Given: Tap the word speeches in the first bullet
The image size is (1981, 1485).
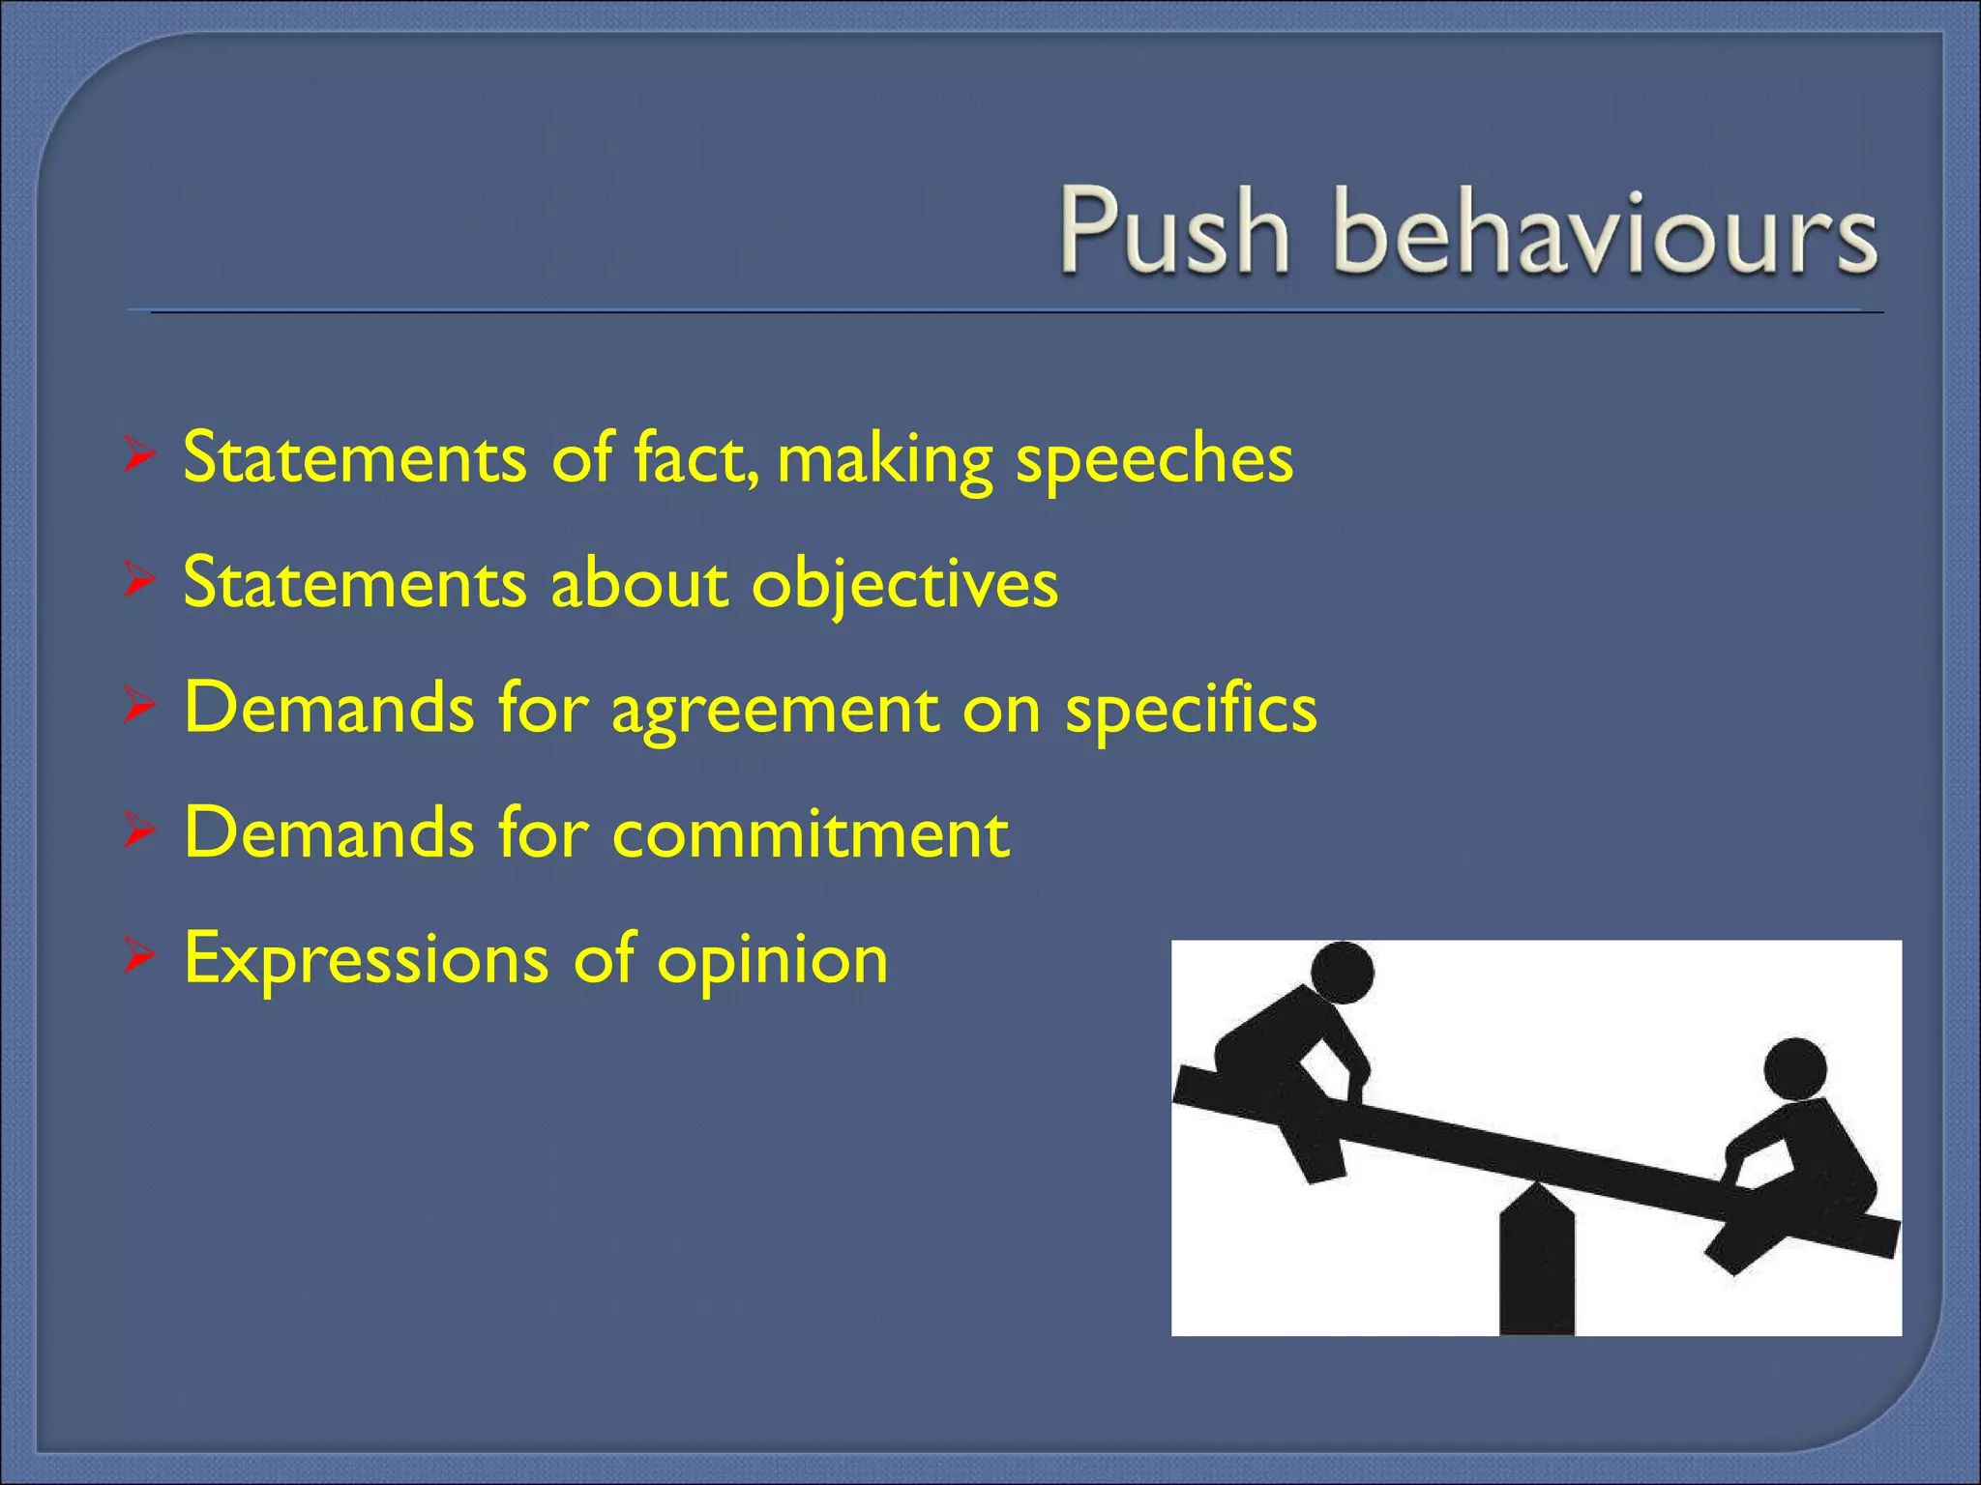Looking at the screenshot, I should click(x=1153, y=458).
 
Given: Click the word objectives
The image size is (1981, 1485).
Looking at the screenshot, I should click(x=904, y=585).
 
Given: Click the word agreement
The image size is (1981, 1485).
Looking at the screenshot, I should click(x=775, y=711).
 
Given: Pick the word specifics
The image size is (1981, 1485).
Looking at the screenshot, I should click(x=1191, y=711).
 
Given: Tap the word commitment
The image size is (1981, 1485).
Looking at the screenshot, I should click(x=811, y=833).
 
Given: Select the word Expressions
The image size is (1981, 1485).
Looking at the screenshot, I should click(x=366, y=960).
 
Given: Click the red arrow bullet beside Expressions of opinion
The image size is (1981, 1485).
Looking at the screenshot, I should click(x=139, y=957).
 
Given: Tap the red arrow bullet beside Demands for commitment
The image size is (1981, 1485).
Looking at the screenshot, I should click(x=139, y=831).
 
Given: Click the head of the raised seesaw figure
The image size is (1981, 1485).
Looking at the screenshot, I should click(x=1342, y=973).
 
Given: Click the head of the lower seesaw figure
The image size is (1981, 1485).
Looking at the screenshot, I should click(x=1794, y=1068).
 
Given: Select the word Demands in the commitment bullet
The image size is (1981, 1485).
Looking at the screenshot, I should click(x=329, y=833).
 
